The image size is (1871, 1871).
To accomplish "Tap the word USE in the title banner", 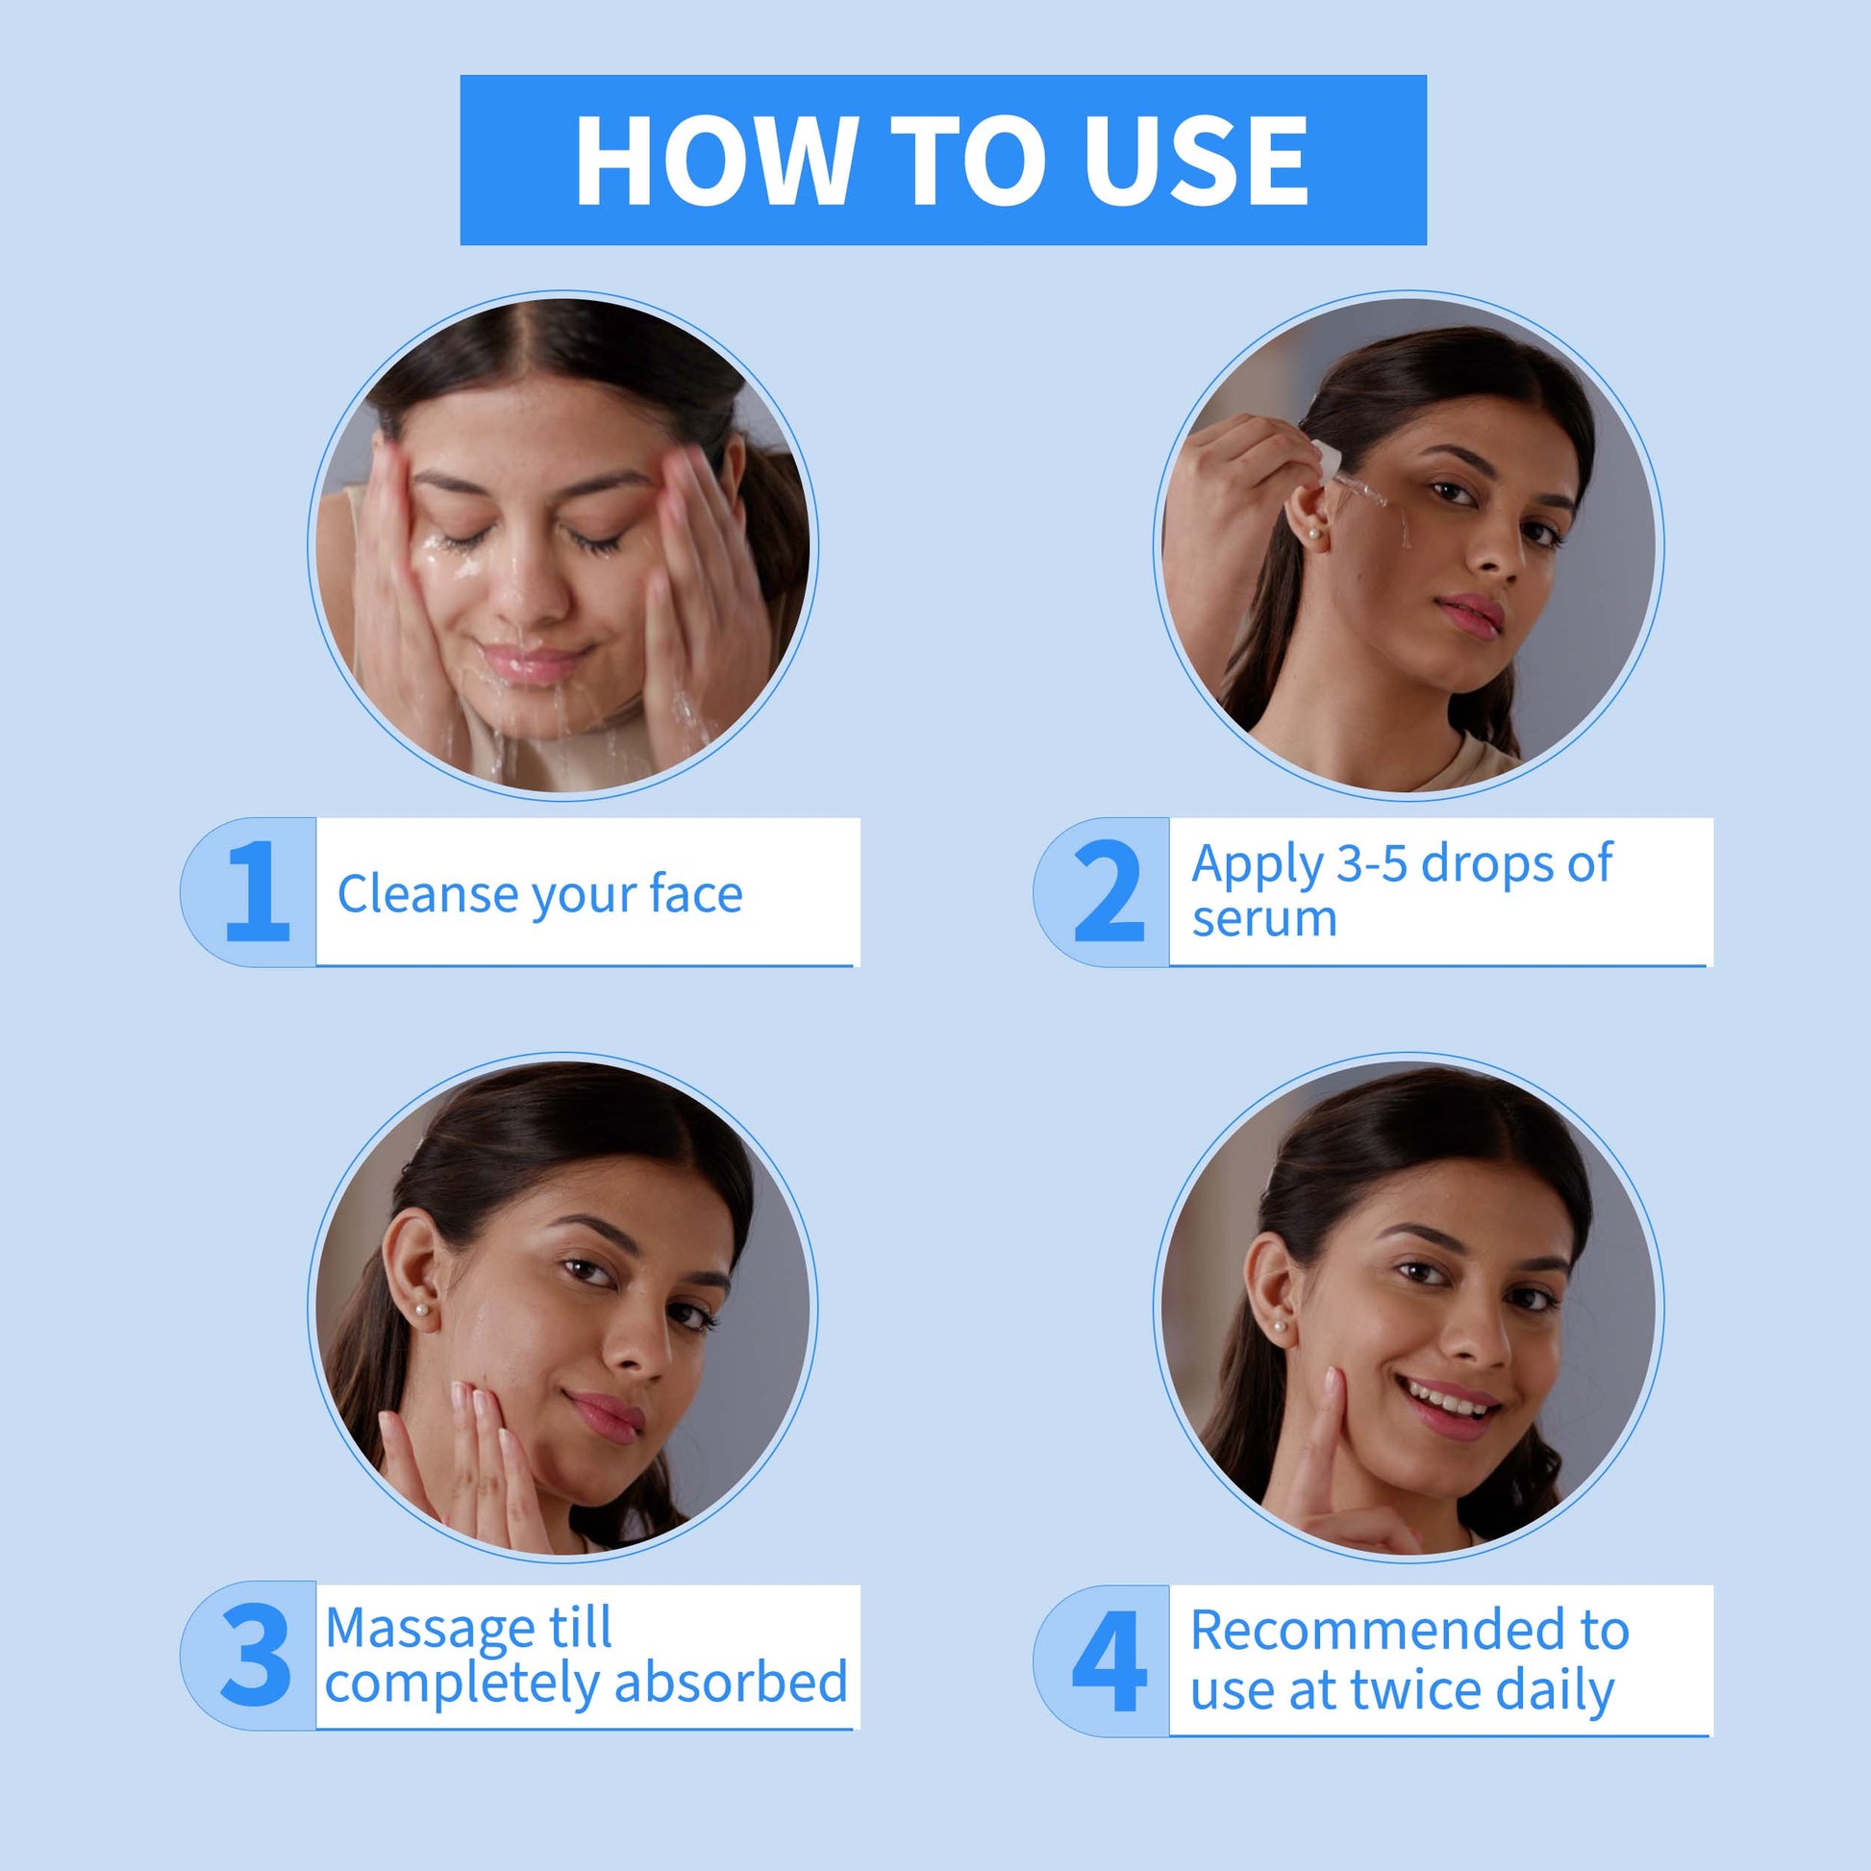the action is [1196, 161].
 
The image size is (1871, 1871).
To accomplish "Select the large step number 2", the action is [1110, 891].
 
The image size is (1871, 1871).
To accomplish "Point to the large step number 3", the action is [256, 1655].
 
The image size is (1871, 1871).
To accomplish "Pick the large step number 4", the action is [1110, 1660].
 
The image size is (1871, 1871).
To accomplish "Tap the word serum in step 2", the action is [1264, 919].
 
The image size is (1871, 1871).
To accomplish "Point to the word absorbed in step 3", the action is [731, 1683].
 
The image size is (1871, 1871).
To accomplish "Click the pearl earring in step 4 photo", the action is [1280, 1326].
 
